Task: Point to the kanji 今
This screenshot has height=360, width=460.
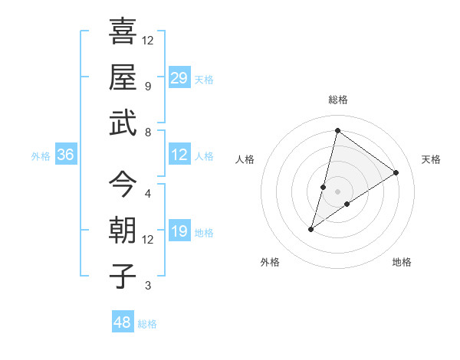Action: click(x=123, y=184)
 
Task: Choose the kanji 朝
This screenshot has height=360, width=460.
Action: click(x=123, y=231)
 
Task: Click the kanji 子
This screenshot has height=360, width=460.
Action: click(x=123, y=276)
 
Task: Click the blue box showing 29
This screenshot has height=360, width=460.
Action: click(x=179, y=78)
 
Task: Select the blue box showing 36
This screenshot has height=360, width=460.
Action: click(x=65, y=155)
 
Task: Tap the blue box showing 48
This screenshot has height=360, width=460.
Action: click(x=122, y=322)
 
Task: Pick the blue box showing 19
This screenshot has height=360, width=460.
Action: click(x=179, y=231)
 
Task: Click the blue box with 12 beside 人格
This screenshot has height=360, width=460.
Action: click(x=179, y=155)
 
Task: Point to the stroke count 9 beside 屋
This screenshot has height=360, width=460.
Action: click(x=147, y=86)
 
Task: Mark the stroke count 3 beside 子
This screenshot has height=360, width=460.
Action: click(x=147, y=286)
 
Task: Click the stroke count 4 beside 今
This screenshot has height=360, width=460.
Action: click(x=147, y=193)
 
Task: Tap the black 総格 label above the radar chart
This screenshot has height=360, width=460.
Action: click(x=337, y=100)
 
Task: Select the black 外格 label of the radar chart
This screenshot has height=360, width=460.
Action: click(x=270, y=262)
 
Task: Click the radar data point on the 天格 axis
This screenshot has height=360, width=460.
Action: click(x=396, y=172)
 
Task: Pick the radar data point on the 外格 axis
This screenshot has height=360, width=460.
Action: click(x=311, y=228)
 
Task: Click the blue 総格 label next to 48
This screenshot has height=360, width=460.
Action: click(x=147, y=324)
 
